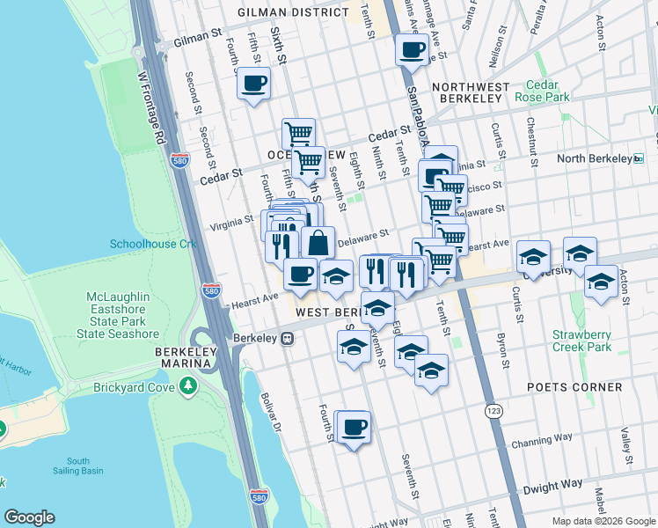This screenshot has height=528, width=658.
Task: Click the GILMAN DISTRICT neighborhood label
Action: tap(293, 12)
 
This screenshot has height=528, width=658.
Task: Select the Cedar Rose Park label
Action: tap(543, 92)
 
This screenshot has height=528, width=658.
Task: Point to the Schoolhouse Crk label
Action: tap(152, 244)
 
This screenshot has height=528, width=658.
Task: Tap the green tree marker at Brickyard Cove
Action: tap(187, 385)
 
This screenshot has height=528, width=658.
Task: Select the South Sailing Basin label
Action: tap(77, 466)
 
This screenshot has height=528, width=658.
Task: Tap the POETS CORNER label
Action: tap(575, 387)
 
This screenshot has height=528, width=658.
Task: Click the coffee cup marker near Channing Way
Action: tap(354, 427)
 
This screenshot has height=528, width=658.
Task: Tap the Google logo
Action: tap(29, 517)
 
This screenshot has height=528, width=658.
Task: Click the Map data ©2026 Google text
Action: tap(602, 521)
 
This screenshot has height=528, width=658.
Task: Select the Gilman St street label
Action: tap(197, 39)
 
